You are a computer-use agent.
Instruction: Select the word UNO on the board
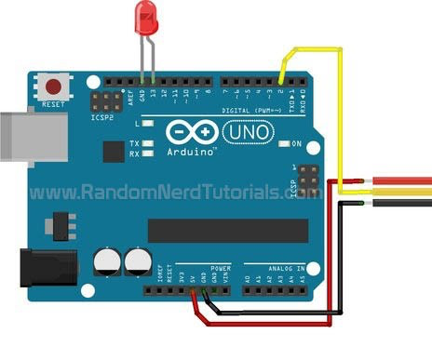pos(249,133)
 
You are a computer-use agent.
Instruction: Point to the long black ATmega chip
pos(228,229)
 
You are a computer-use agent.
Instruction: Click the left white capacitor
pos(108,261)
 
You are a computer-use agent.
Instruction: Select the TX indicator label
pos(135,143)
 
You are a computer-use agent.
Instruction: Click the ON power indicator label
pos(297,144)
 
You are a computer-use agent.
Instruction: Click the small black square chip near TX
pos(113,152)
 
